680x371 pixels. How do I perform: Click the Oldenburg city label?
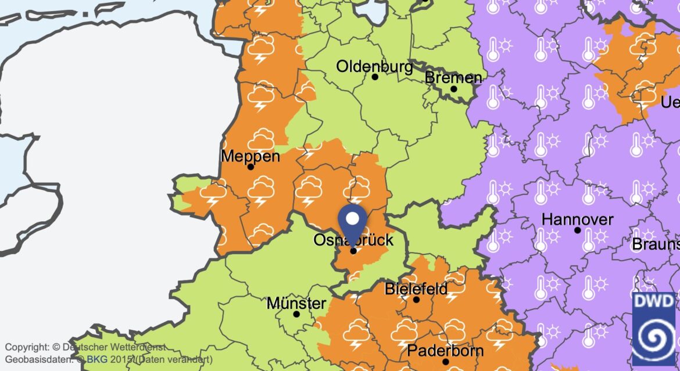coord(374,66)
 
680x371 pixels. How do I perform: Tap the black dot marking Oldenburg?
coord(375,77)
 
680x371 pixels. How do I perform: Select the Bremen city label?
coord(453,78)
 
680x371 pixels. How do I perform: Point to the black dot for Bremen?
coord(454,89)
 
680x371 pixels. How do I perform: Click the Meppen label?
coord(250,156)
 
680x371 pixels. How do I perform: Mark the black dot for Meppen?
coord(250,167)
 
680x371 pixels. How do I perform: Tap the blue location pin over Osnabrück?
coord(352,221)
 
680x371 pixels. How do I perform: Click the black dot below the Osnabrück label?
coord(353,251)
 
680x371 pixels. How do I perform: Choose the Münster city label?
coord(296,303)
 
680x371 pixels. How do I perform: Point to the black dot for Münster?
coord(296,314)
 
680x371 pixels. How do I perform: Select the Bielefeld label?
coord(416,289)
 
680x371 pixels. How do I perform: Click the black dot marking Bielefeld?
coord(416,300)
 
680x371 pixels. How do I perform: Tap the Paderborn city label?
coord(445,351)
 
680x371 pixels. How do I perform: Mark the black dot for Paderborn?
coord(445,362)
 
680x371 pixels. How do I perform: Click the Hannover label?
coord(577,219)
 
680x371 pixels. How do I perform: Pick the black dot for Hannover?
coord(577,230)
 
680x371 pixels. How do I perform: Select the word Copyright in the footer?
coord(27,347)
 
